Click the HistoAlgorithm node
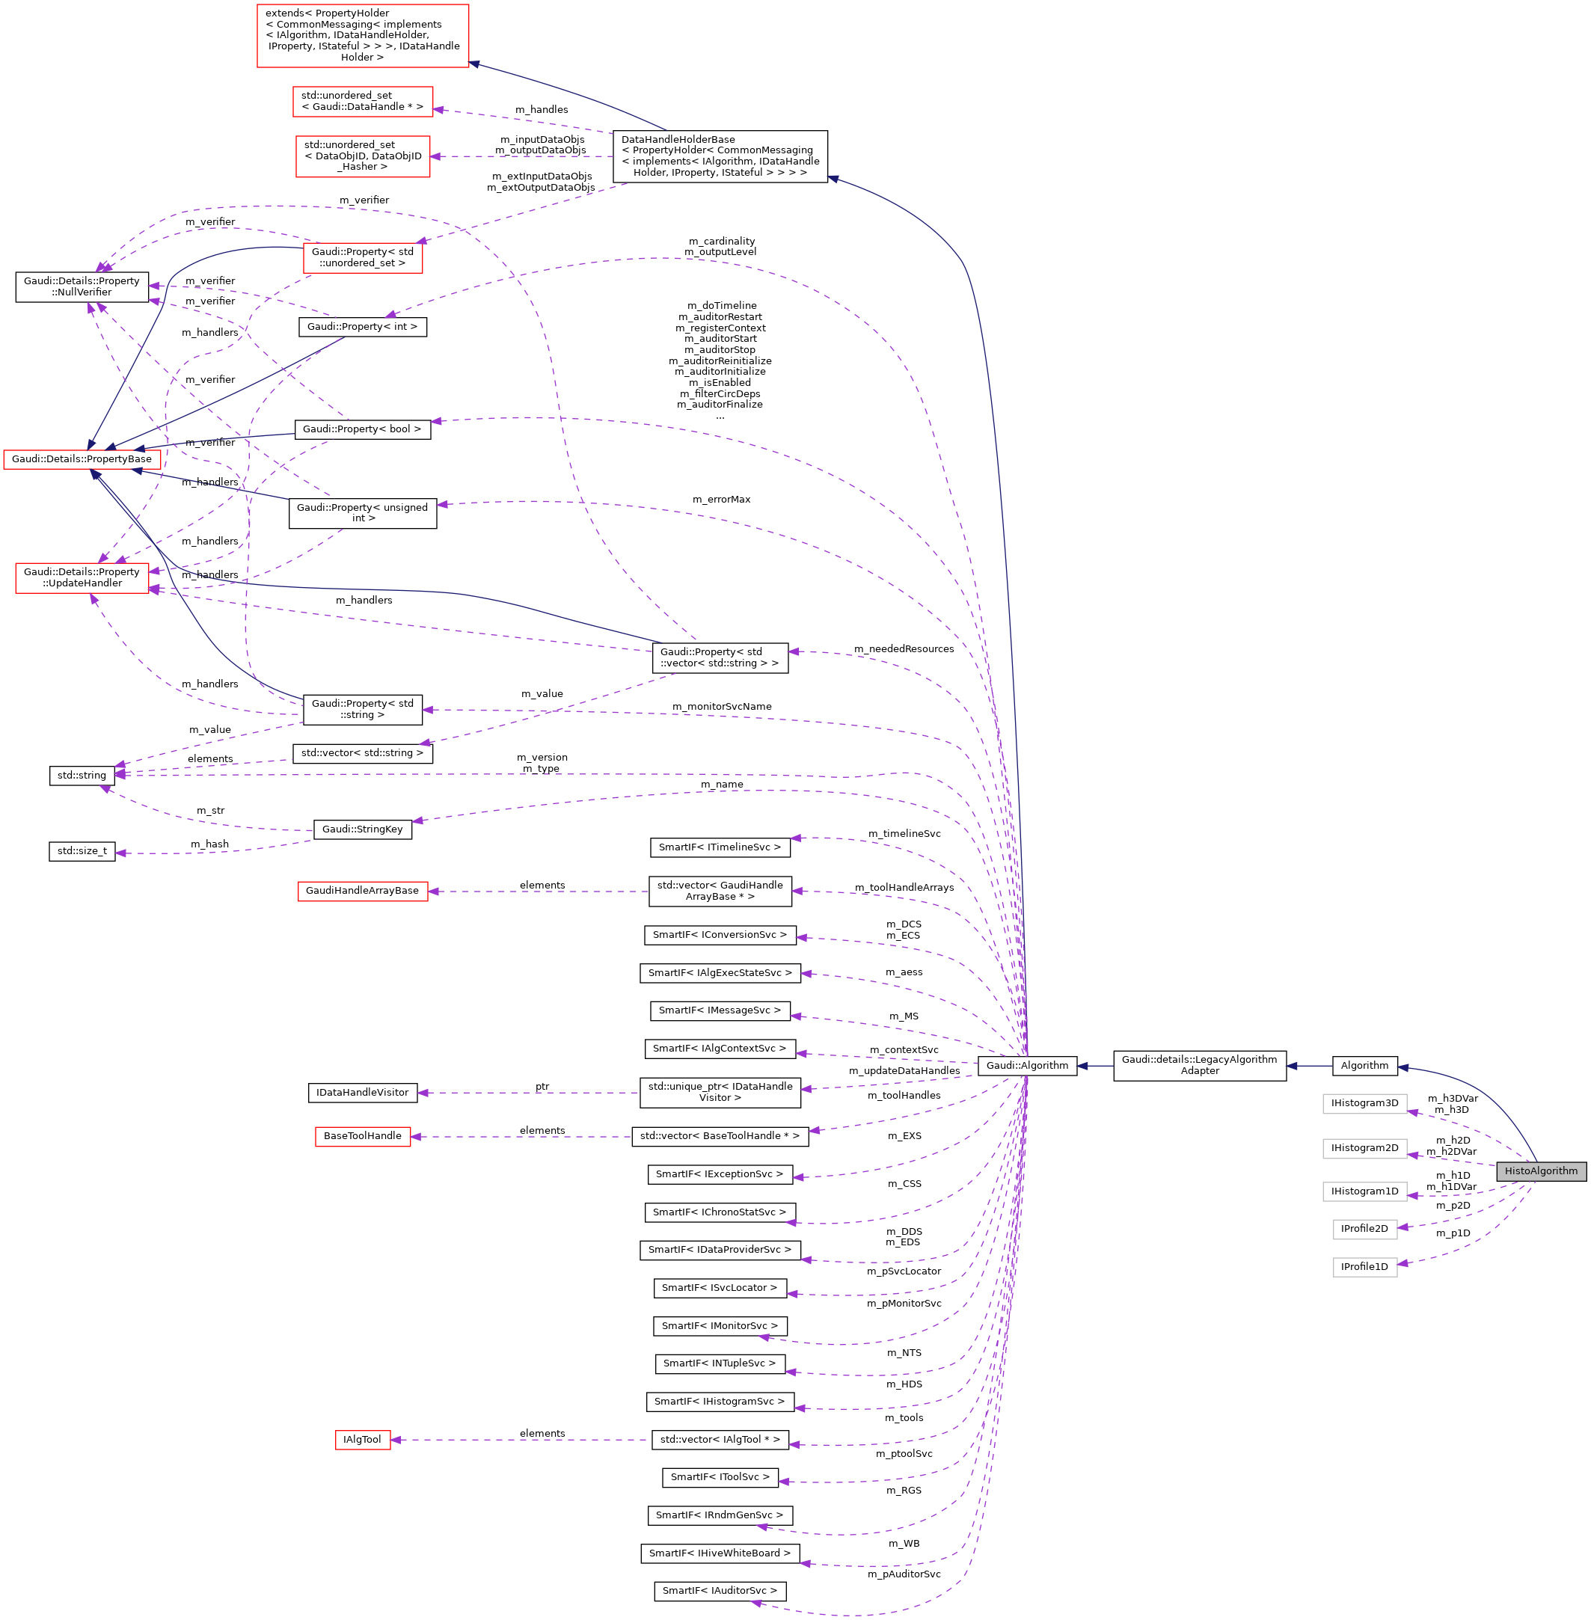coord(1541,1170)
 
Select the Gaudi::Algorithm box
coord(1027,1065)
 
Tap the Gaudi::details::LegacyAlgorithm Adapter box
coord(1199,1065)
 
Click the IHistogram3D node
coord(1364,1103)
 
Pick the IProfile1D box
coord(1364,1266)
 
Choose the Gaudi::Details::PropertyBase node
coord(82,458)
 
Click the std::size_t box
coord(82,850)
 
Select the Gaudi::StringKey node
coord(362,829)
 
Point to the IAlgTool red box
coord(362,1440)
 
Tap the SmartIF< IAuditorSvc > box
coord(720,1591)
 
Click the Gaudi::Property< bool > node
coord(362,429)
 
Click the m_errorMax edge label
coord(721,500)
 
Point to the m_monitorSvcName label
coord(722,707)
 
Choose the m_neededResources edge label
coord(904,649)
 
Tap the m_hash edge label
coord(209,844)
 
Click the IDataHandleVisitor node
coord(362,1092)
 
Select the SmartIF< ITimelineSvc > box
coord(720,847)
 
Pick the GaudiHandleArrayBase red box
coord(362,891)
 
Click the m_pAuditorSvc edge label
coord(904,1574)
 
